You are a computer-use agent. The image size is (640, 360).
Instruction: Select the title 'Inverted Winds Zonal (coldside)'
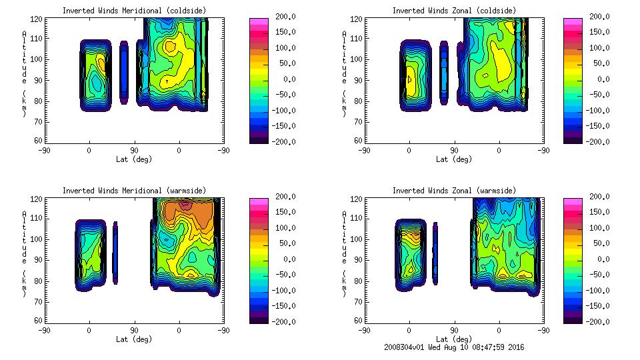[453, 11]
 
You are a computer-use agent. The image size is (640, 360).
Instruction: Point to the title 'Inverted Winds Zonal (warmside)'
[453, 191]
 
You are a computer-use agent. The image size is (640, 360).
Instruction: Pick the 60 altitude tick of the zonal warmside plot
[359, 321]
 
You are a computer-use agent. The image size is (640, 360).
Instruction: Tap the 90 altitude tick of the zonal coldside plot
[359, 80]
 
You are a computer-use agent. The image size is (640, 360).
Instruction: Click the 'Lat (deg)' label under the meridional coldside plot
[134, 159]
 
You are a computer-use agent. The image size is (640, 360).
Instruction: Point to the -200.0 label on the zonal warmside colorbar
[597, 321]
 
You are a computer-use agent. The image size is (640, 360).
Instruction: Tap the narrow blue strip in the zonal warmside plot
[435, 253]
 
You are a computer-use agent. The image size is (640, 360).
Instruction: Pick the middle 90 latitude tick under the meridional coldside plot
[134, 151]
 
